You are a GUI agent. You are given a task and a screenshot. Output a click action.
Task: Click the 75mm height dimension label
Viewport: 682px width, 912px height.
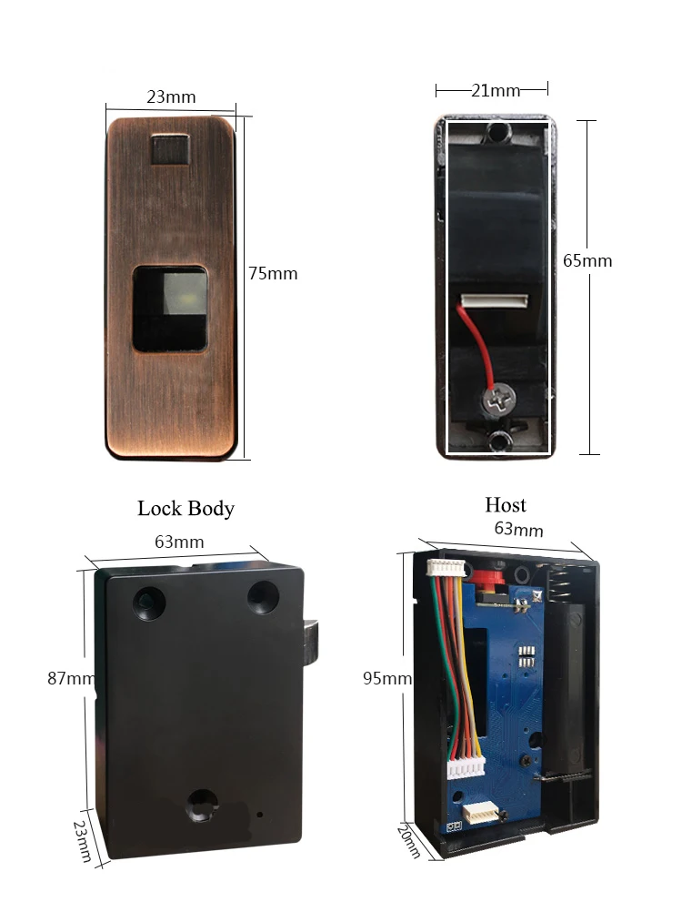click(x=273, y=273)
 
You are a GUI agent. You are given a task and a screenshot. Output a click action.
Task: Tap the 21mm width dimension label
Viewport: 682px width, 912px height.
click(x=496, y=91)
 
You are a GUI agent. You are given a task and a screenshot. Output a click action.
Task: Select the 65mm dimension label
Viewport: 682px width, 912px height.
click(x=587, y=260)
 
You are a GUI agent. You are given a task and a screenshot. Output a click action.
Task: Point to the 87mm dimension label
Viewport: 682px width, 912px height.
click(x=71, y=678)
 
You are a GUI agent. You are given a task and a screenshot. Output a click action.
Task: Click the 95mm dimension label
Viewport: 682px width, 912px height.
click(x=386, y=678)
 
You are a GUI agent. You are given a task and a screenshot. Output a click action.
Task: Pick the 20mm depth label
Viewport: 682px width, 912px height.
click(x=408, y=841)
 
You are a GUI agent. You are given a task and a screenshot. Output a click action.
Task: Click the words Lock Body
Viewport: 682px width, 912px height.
click(x=186, y=509)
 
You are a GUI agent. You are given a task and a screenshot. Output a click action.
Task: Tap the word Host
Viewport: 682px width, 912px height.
click(x=506, y=504)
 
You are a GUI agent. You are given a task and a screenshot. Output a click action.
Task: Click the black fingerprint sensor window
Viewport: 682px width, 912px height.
click(x=170, y=309)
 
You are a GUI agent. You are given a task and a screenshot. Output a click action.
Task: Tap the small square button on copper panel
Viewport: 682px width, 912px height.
click(x=170, y=151)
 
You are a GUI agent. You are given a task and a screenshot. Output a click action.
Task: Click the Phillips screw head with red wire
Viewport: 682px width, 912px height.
click(x=496, y=400)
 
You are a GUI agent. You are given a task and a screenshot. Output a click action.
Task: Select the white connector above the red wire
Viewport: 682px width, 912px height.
click(x=495, y=300)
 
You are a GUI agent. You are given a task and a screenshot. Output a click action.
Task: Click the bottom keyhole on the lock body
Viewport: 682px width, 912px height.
click(x=203, y=805)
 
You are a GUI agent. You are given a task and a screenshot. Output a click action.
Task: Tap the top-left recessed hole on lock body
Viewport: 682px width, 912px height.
click(x=149, y=602)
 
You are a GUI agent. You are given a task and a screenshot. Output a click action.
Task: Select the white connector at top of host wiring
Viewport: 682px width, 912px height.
click(x=446, y=568)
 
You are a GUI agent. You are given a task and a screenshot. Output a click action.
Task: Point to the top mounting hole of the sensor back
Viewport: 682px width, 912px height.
click(x=496, y=133)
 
